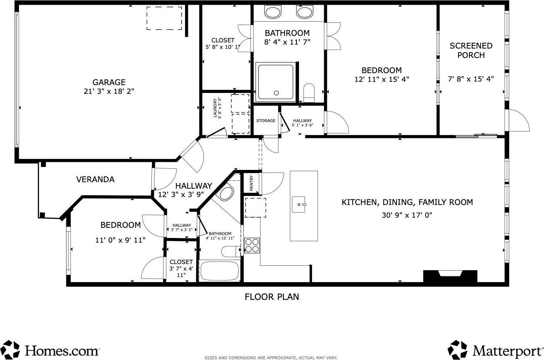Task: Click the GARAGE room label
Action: (109, 82)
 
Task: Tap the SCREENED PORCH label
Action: (471, 50)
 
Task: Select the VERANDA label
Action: (95, 179)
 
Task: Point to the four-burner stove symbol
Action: (252, 245)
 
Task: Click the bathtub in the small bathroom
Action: (219, 271)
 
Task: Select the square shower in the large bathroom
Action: (275, 81)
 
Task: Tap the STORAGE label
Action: (266, 121)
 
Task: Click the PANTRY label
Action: (252, 183)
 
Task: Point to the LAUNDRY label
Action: (215, 108)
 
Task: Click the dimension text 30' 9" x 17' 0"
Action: (407, 215)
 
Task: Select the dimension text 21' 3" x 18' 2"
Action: (109, 91)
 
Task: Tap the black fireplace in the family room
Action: (450, 276)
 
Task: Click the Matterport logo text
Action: (506, 351)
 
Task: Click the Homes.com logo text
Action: (62, 351)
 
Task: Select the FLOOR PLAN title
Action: (272, 297)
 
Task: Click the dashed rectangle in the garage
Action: (164, 18)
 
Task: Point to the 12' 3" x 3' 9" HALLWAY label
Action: (194, 186)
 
